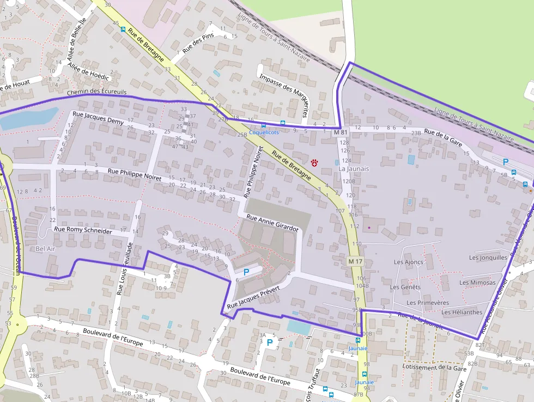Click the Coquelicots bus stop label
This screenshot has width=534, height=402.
(264, 133)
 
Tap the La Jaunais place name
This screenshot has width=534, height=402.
(354, 169)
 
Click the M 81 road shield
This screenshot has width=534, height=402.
(341, 133)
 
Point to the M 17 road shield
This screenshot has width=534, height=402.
(355, 262)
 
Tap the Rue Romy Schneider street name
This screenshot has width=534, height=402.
(83, 231)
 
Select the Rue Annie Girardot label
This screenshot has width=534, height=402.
(272, 223)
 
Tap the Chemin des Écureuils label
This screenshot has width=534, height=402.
(96, 92)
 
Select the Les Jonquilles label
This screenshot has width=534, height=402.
(488, 257)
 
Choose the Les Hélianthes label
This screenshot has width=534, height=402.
(462, 313)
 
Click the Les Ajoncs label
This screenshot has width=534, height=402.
(408, 262)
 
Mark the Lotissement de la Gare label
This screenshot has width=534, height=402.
(434, 367)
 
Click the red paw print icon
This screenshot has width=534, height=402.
(315, 162)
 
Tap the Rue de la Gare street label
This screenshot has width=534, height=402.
(443, 136)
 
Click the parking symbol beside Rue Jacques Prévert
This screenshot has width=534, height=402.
(246, 271)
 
